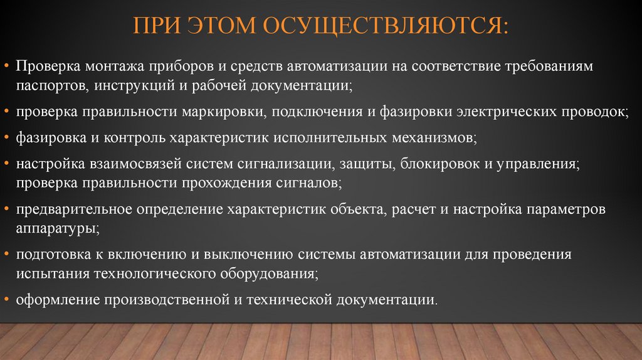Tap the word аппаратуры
coord(56,228)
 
